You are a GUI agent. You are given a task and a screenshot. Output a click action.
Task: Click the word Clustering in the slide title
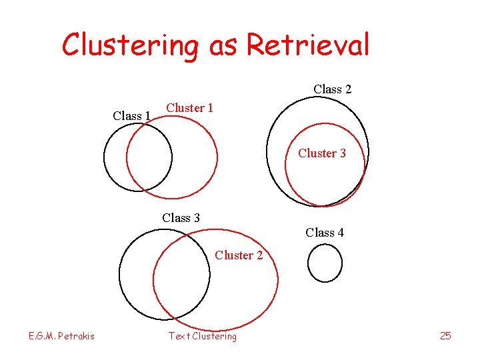click(x=131, y=45)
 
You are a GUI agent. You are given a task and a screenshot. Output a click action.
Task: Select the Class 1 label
click(x=131, y=115)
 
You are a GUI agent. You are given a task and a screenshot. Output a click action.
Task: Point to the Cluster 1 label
click(x=189, y=107)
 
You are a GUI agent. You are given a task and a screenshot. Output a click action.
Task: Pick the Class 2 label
click(x=333, y=89)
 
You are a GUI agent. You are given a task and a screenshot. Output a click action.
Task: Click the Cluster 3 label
click(x=322, y=153)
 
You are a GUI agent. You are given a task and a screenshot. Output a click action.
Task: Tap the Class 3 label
click(x=181, y=218)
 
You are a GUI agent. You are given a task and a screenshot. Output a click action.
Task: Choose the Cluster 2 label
click(x=239, y=255)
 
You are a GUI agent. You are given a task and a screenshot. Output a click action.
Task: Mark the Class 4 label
click(x=325, y=233)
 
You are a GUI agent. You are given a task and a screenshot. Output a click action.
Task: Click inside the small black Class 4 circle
click(x=325, y=263)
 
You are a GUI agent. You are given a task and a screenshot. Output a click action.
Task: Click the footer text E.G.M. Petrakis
click(x=61, y=336)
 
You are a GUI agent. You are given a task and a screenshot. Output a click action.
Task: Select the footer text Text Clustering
click(x=202, y=336)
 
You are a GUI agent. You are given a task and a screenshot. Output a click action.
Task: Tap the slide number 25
click(x=445, y=336)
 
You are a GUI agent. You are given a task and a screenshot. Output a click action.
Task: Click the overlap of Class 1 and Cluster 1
click(x=149, y=157)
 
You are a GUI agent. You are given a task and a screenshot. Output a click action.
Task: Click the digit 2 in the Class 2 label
click(x=347, y=89)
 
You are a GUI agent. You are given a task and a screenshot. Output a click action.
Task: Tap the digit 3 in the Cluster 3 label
click(x=342, y=153)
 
